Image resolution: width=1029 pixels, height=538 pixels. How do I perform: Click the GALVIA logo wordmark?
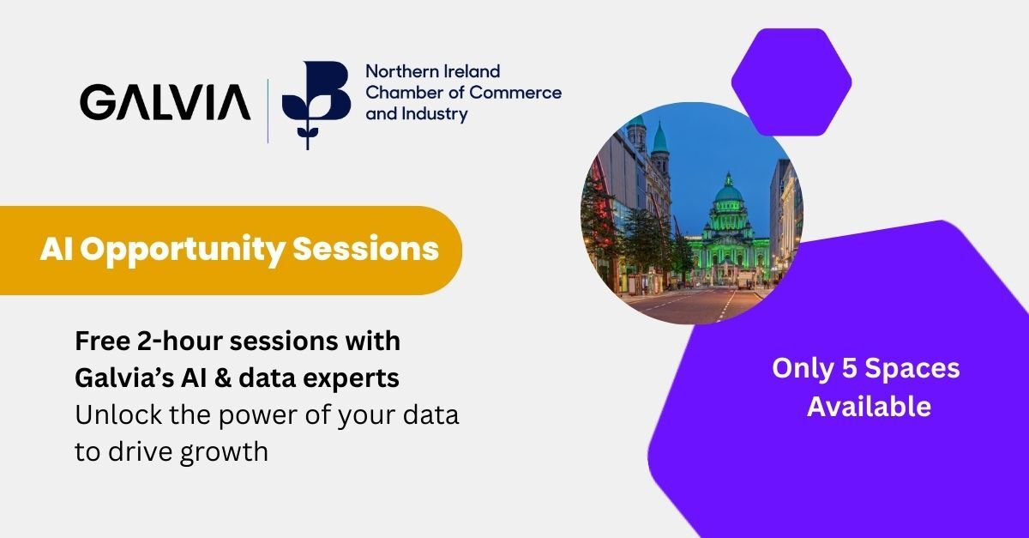(x=165, y=102)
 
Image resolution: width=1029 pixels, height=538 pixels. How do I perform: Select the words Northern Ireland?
(x=433, y=71)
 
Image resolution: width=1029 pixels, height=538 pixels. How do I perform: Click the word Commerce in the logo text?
(x=515, y=93)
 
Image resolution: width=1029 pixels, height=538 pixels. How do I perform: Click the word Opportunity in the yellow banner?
(x=183, y=251)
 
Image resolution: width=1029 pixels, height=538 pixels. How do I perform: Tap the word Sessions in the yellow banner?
(x=365, y=249)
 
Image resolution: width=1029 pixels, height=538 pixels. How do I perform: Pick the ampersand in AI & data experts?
(x=222, y=378)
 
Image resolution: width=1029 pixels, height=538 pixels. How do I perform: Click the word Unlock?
(x=118, y=414)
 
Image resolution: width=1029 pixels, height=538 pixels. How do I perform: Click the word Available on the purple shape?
(x=870, y=407)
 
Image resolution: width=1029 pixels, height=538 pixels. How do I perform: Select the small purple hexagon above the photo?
(x=791, y=82)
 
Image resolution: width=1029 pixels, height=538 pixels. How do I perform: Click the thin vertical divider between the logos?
(x=268, y=111)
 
